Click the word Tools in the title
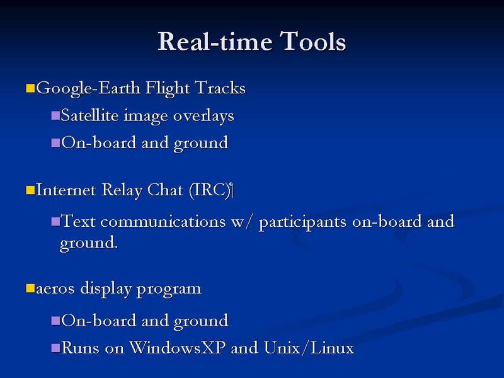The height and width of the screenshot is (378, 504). [x=312, y=41]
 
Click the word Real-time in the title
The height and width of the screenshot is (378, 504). [x=215, y=41]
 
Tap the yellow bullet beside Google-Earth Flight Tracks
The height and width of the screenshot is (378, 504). [x=30, y=88]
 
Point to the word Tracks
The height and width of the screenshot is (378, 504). [x=220, y=88]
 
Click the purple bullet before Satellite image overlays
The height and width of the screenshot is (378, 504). [x=55, y=115]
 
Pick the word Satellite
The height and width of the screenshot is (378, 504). [x=89, y=115]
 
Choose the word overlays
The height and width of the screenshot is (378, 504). [x=203, y=116]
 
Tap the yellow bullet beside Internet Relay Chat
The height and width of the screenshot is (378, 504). [x=30, y=190]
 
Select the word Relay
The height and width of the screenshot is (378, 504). [x=122, y=190]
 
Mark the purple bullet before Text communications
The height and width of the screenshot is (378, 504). [x=55, y=221]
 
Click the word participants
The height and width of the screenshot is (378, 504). [x=302, y=222]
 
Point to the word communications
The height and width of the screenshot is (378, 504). [x=163, y=222]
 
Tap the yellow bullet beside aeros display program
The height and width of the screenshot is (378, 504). [x=30, y=288]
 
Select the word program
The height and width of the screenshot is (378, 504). [x=169, y=289]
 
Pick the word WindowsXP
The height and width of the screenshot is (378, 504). [x=178, y=348]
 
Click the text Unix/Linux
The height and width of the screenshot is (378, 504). [x=309, y=348]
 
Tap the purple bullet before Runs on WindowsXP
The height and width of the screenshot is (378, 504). [x=55, y=348]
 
